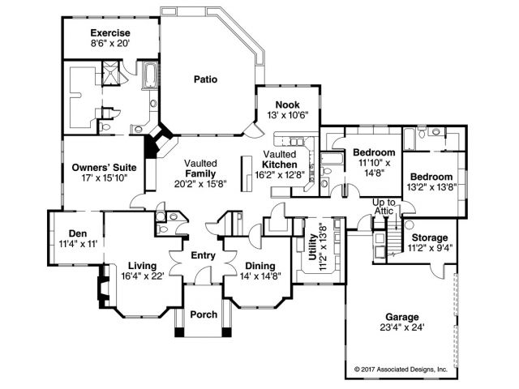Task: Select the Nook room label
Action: point(287,105)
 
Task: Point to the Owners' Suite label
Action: point(99,168)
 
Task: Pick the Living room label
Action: point(142,265)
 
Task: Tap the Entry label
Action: point(202,256)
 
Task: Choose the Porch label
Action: point(203,315)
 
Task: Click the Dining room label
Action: point(259,266)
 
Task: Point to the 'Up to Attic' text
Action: point(384,207)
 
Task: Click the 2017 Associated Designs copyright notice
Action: point(401,369)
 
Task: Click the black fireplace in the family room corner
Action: point(152,148)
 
